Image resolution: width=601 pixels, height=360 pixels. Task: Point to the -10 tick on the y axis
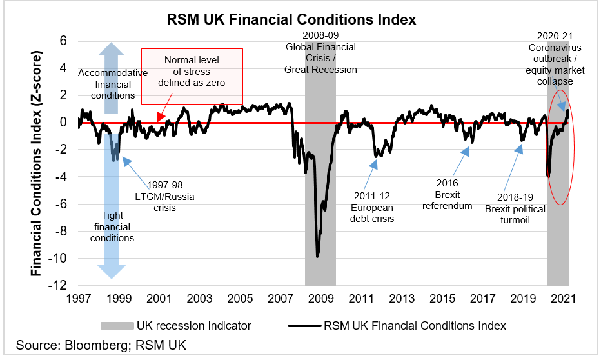63,259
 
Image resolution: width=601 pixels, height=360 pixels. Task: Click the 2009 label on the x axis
320,299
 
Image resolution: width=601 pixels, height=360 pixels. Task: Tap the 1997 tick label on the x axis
78,299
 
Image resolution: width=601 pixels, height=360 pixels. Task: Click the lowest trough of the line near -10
317,256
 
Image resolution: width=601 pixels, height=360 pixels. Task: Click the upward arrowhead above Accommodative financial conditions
112,49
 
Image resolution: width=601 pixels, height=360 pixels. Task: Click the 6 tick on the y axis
64,40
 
